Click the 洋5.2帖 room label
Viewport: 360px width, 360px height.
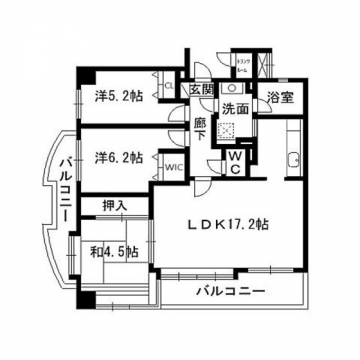(119, 97)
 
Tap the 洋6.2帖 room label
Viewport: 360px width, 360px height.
(119, 157)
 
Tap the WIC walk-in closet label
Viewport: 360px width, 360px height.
(172, 167)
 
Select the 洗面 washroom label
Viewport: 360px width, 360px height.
(236, 108)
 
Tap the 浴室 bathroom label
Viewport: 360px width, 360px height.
(278, 98)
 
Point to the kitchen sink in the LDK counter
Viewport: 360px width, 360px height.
(293, 161)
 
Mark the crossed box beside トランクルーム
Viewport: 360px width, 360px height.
(264, 66)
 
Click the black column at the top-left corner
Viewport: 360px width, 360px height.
(88, 77)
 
